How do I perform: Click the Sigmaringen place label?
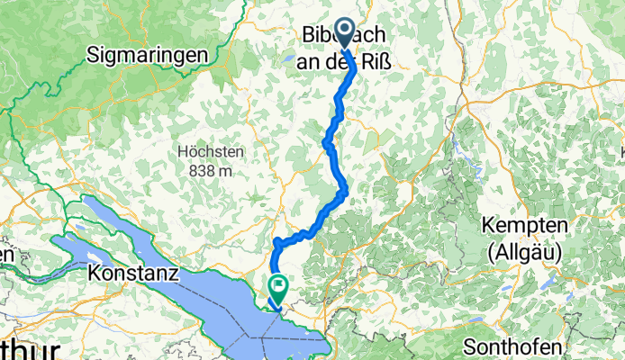pos(147,55)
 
